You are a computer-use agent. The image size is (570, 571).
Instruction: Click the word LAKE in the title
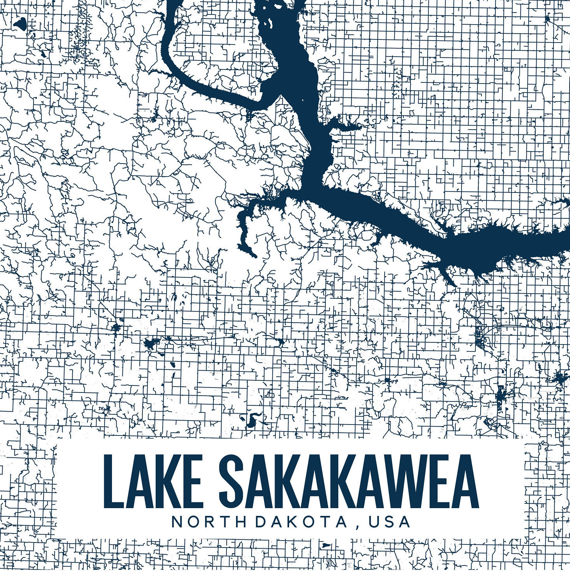(153, 481)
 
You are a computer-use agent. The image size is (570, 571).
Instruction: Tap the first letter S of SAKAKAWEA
(233, 481)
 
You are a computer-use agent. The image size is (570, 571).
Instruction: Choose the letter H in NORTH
(240, 522)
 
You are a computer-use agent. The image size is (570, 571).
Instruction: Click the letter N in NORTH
(177, 522)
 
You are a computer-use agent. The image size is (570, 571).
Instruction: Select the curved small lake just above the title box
(251, 419)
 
